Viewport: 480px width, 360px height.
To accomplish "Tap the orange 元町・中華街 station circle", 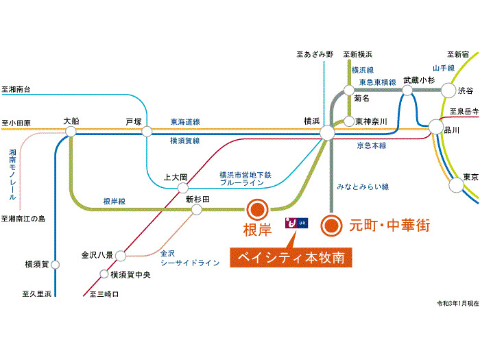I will point(332,224).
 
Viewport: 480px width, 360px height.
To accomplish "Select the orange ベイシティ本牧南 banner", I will point(291,259).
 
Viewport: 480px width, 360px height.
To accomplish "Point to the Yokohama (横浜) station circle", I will point(326,132).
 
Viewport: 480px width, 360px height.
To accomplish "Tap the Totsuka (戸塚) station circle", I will point(146,132).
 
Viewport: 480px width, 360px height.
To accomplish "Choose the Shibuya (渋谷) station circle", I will point(448,91).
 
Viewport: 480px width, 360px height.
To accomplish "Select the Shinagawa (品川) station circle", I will point(436,127).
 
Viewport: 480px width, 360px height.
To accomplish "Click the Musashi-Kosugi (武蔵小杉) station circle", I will point(411,90).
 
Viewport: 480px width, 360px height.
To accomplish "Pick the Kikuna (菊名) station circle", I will point(349,90).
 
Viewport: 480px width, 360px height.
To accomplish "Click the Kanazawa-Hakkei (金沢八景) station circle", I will point(120,256).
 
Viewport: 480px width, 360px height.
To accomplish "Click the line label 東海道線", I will point(185,122).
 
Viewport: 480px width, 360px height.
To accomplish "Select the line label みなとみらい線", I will point(363,187).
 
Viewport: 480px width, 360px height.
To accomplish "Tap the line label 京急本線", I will point(371,145).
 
